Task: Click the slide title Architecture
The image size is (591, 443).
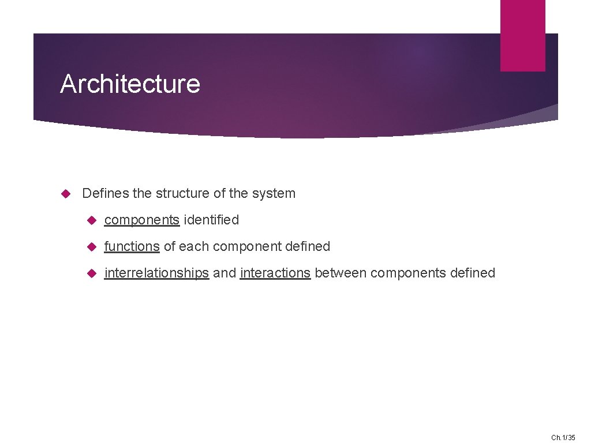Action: tap(130, 84)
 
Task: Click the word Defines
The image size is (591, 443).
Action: tap(106, 193)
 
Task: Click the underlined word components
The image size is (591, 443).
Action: tap(141, 220)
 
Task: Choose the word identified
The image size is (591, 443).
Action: tap(211, 220)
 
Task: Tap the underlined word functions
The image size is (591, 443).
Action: tap(132, 246)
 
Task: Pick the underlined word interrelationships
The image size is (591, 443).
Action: tap(156, 273)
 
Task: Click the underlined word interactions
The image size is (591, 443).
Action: tap(275, 273)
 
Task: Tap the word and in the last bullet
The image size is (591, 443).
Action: tap(225, 273)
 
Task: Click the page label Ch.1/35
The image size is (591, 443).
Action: tap(563, 437)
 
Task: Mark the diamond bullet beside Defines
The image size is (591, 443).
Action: tap(65, 193)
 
